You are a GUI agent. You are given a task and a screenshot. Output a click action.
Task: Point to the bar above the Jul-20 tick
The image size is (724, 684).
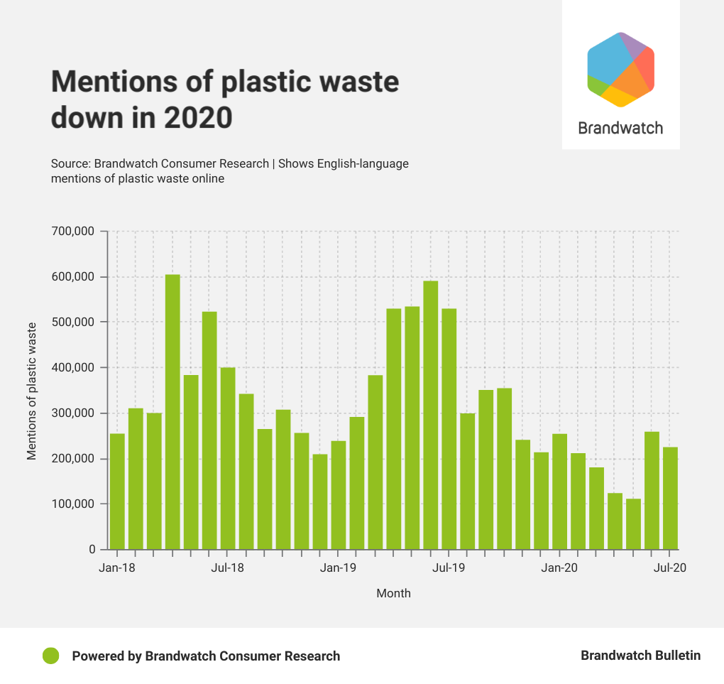pyautogui.click(x=670, y=498)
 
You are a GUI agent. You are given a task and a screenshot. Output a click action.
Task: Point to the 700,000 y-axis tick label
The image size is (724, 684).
pyautogui.click(x=74, y=232)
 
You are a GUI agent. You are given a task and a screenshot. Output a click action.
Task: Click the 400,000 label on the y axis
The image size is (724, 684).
pyautogui.click(x=74, y=368)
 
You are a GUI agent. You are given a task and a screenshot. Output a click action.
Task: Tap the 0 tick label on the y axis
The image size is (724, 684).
pyautogui.click(x=92, y=550)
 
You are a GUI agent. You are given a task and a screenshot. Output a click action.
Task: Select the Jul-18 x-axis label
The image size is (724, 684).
pyautogui.click(x=228, y=568)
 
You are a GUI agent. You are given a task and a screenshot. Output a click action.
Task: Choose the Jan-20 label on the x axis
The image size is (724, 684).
pyautogui.click(x=560, y=568)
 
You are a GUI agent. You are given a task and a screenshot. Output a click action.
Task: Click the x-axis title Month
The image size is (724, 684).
pyautogui.click(x=393, y=593)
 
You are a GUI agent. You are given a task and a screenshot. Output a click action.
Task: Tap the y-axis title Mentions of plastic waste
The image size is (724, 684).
pyautogui.click(x=32, y=391)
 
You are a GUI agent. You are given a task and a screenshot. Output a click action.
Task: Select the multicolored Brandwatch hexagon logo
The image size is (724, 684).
pyautogui.click(x=620, y=70)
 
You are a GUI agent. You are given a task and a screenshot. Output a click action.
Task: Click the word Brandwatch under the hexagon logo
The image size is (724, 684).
pyautogui.click(x=620, y=129)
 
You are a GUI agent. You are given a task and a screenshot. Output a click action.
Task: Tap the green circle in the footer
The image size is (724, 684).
pyautogui.click(x=50, y=656)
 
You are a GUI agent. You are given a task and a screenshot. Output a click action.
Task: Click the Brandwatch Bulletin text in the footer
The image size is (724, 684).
pyautogui.click(x=640, y=656)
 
